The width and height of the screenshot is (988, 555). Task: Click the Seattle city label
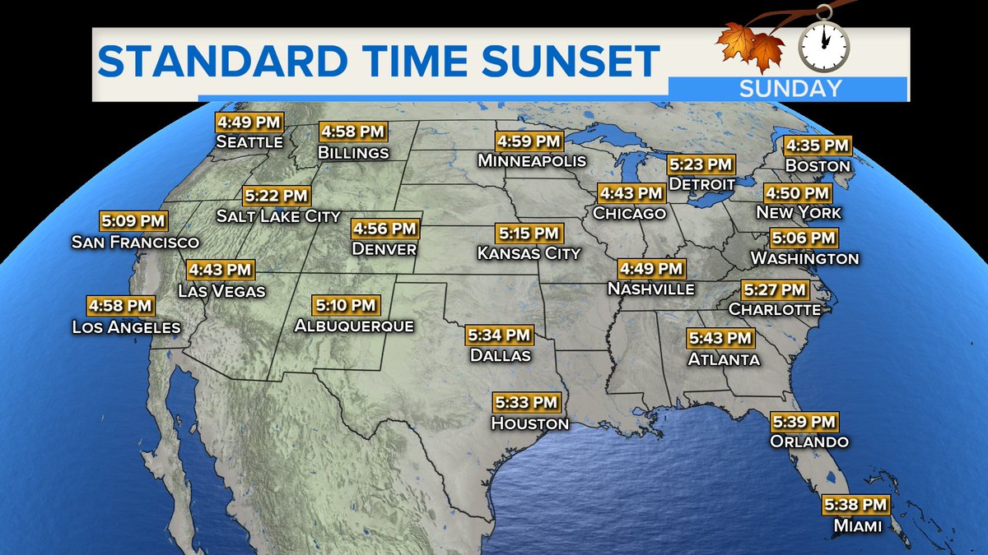pos(249,142)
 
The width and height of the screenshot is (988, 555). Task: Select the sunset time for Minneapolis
pos(529,141)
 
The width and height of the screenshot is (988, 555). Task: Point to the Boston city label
pos(817,165)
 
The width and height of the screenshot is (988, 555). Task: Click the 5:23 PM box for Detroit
pos(700,164)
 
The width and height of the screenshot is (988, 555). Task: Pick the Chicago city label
pos(628,214)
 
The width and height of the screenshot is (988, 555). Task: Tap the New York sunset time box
pos(798,194)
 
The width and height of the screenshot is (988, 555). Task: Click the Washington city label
pos(804,258)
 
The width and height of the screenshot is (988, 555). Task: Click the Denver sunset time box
pos(384,228)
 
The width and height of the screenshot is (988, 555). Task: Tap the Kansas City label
pos(529,253)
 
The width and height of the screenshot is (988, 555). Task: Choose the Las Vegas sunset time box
pos(221,270)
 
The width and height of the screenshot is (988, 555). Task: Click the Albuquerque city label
pos(354,326)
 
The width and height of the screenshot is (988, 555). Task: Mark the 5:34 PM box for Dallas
pos(500,335)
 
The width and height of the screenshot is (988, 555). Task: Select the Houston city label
pos(529,423)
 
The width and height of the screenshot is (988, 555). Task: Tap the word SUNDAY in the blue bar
pos(790,88)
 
